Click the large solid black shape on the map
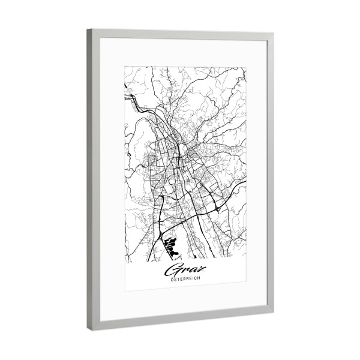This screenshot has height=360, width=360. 172,245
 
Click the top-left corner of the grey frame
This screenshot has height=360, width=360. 88,29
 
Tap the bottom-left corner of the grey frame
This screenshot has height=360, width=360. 89,331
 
